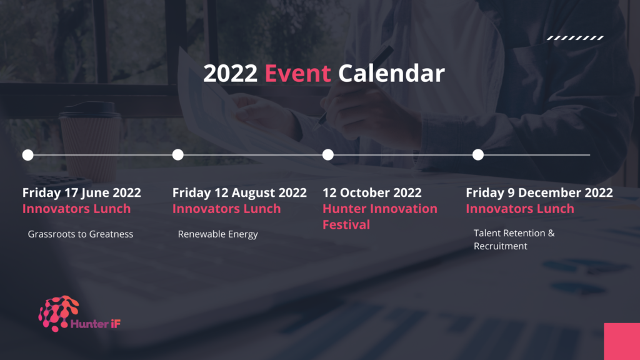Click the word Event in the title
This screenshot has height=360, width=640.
click(x=297, y=74)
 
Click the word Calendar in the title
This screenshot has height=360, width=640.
click(x=391, y=74)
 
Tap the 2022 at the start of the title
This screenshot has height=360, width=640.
click(x=230, y=74)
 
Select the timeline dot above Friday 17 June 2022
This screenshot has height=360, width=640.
click(x=27, y=155)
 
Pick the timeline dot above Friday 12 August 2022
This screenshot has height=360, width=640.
click(x=178, y=155)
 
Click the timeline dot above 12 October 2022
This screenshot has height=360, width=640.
click(x=327, y=155)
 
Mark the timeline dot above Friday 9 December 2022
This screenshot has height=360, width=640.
click(x=478, y=155)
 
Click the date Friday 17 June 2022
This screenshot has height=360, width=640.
click(x=82, y=192)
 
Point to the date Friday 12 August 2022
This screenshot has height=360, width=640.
click(x=239, y=192)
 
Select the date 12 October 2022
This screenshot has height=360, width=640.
click(x=372, y=192)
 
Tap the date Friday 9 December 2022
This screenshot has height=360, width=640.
click(x=539, y=192)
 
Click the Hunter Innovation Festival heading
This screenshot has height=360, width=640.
click(x=380, y=217)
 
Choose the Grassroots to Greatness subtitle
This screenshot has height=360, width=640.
click(x=81, y=234)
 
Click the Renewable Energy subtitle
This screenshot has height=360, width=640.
click(x=218, y=234)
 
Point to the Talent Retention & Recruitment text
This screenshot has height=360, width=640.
click(x=514, y=239)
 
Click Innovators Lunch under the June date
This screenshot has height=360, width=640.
click(x=77, y=209)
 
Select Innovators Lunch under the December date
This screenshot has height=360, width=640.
click(x=520, y=209)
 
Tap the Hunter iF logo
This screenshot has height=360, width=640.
click(x=79, y=314)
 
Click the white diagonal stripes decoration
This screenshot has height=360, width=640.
click(x=575, y=38)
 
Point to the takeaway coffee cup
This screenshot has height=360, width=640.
click(x=91, y=141)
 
